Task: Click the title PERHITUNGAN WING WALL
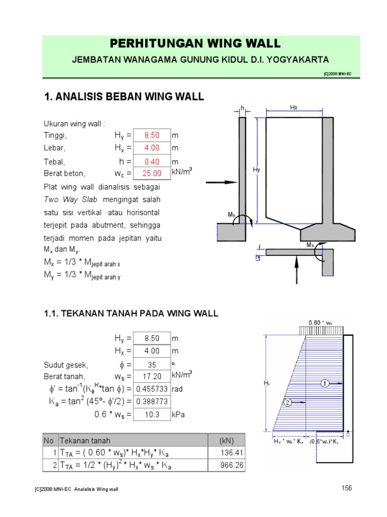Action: pyautogui.click(x=195, y=43)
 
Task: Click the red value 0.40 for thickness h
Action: pyautogui.click(x=152, y=162)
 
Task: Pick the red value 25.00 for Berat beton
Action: pyautogui.click(x=152, y=173)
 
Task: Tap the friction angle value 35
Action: pyautogui.click(x=152, y=364)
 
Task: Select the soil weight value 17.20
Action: pyautogui.click(x=152, y=376)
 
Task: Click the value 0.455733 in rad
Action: pyautogui.click(x=152, y=389)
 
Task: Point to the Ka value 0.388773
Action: pyautogui.click(x=152, y=402)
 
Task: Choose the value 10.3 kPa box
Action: pyautogui.click(x=152, y=415)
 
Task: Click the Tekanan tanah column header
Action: pyautogui.click(x=85, y=440)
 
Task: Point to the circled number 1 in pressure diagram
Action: pyautogui.click(x=326, y=383)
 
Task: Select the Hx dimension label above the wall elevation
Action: pyautogui.click(x=294, y=108)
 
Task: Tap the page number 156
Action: pyautogui.click(x=346, y=488)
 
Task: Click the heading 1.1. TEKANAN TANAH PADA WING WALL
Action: pyautogui.click(x=132, y=314)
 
